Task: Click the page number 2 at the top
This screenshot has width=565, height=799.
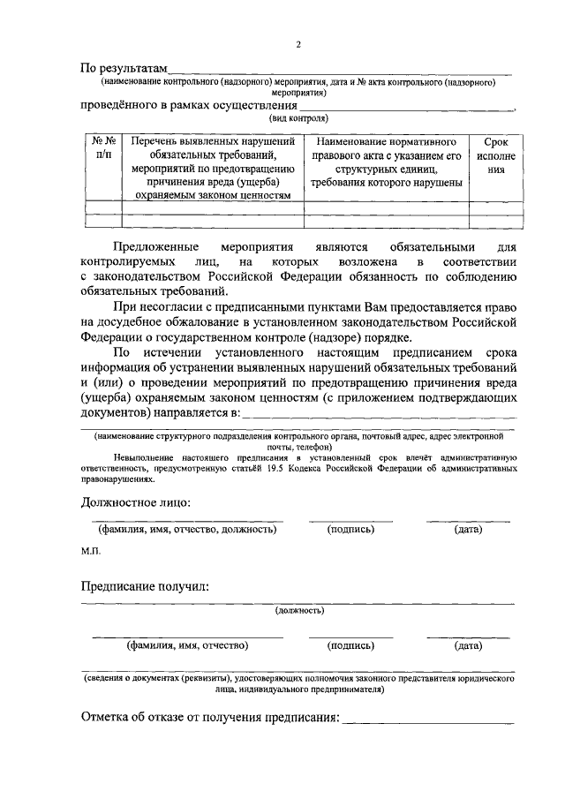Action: [298, 44]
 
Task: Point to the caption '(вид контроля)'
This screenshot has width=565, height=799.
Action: [298, 117]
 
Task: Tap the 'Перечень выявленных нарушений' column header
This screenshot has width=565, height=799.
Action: [212, 140]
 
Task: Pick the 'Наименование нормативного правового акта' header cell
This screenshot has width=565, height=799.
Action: [386, 140]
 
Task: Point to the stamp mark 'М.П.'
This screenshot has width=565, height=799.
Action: [91, 550]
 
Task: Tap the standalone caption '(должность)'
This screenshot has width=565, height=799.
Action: [298, 610]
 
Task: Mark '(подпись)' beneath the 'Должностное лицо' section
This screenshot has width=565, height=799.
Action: [350, 530]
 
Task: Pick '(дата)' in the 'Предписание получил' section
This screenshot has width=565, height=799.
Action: [468, 645]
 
